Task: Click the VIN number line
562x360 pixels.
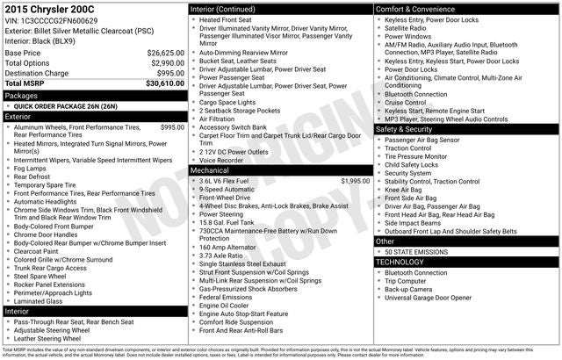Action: (x=51, y=20)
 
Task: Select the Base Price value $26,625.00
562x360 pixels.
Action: (x=165, y=53)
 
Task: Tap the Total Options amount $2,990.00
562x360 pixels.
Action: (x=167, y=63)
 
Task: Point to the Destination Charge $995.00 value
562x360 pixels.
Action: (x=169, y=74)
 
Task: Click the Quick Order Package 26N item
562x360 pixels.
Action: (x=65, y=105)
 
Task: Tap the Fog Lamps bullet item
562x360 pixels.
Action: (x=32, y=169)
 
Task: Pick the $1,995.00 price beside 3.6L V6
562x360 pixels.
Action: (x=352, y=180)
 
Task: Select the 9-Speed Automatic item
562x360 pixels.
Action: (x=228, y=189)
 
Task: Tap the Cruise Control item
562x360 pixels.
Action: (x=407, y=102)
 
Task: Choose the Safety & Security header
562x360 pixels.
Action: (x=404, y=129)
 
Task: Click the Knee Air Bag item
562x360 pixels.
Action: (x=403, y=190)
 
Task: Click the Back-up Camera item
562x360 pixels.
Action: (x=408, y=289)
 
